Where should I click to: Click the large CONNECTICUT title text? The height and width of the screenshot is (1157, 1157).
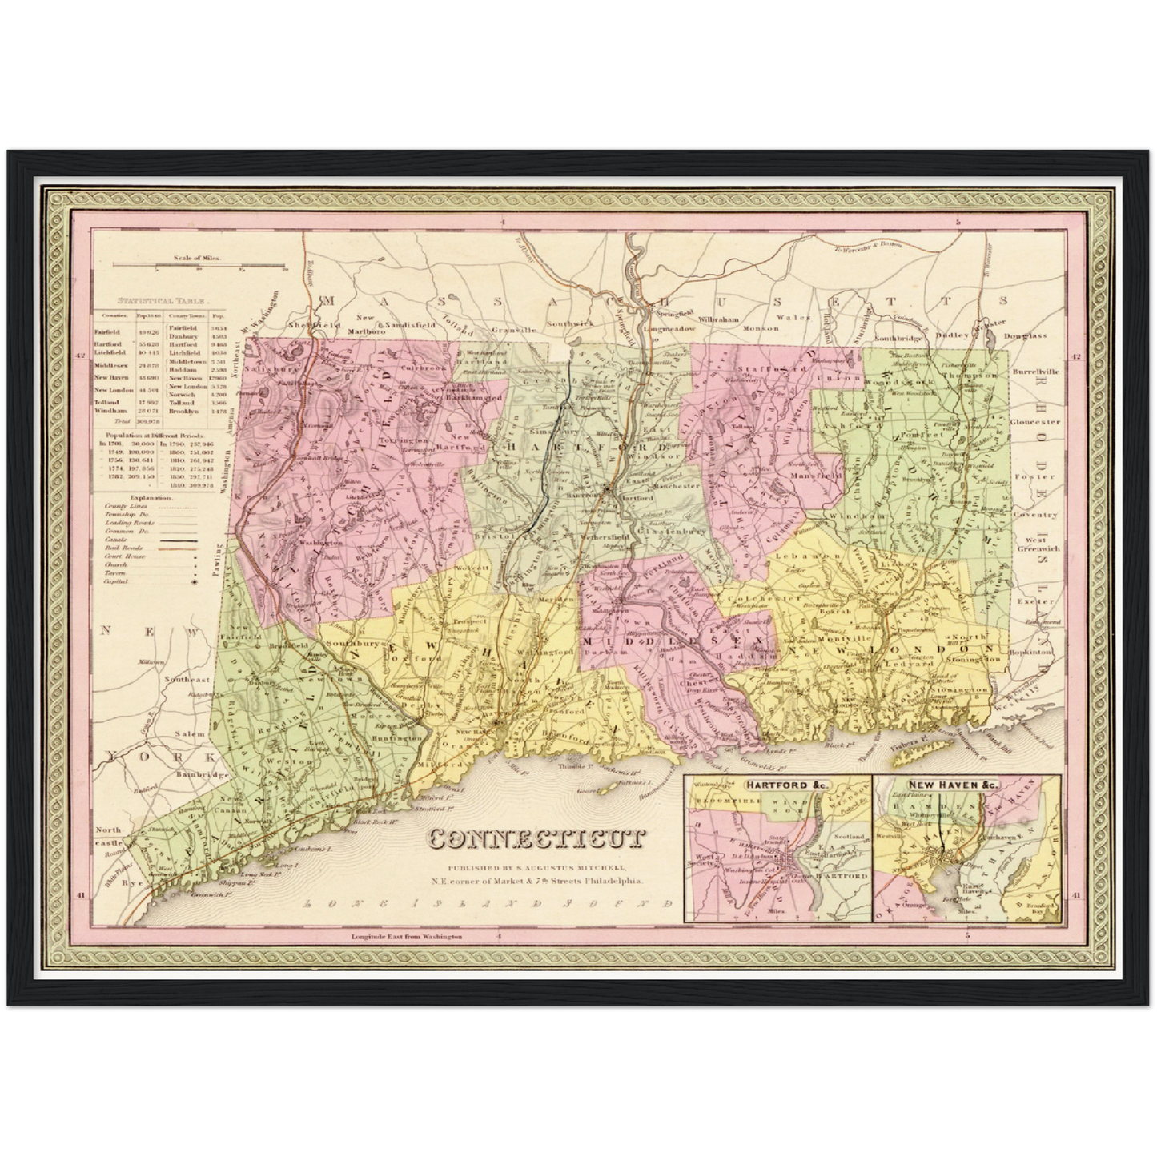(537, 838)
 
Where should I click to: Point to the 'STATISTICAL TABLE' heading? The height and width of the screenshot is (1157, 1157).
(163, 301)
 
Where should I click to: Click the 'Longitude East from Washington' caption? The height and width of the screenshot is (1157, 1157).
(407, 936)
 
